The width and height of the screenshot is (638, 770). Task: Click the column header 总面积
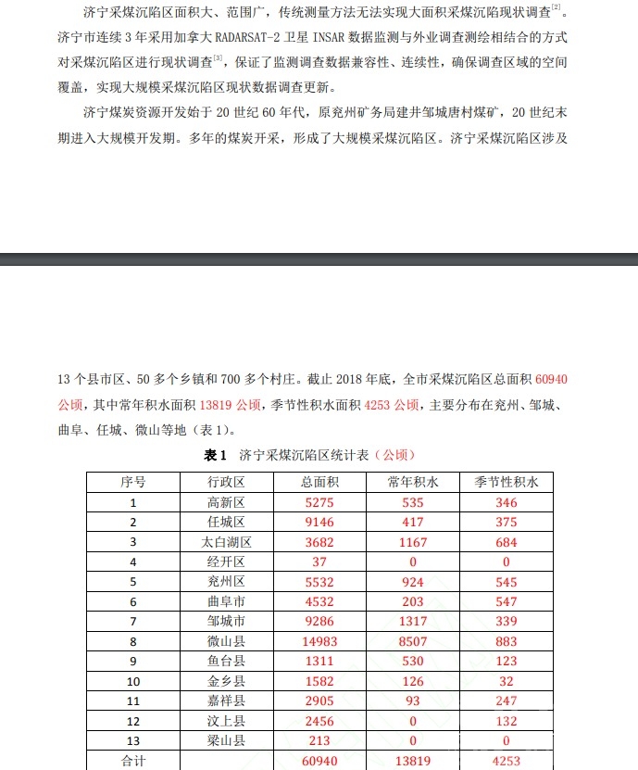click(319, 482)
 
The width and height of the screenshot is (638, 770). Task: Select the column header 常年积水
click(413, 482)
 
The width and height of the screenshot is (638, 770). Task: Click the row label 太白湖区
click(226, 542)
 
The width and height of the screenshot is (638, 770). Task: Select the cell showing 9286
click(319, 621)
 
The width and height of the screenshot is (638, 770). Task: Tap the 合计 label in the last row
click(132, 761)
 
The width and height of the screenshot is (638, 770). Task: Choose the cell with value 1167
click(413, 542)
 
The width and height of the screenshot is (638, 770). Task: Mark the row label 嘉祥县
click(226, 701)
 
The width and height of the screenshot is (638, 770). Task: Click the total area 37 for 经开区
click(319, 562)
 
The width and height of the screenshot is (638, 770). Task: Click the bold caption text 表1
click(215, 455)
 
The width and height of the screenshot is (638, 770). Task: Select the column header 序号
click(132, 482)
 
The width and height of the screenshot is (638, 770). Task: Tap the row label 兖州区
click(226, 582)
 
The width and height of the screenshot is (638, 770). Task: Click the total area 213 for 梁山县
click(319, 740)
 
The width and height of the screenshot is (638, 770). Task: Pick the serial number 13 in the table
click(132, 740)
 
